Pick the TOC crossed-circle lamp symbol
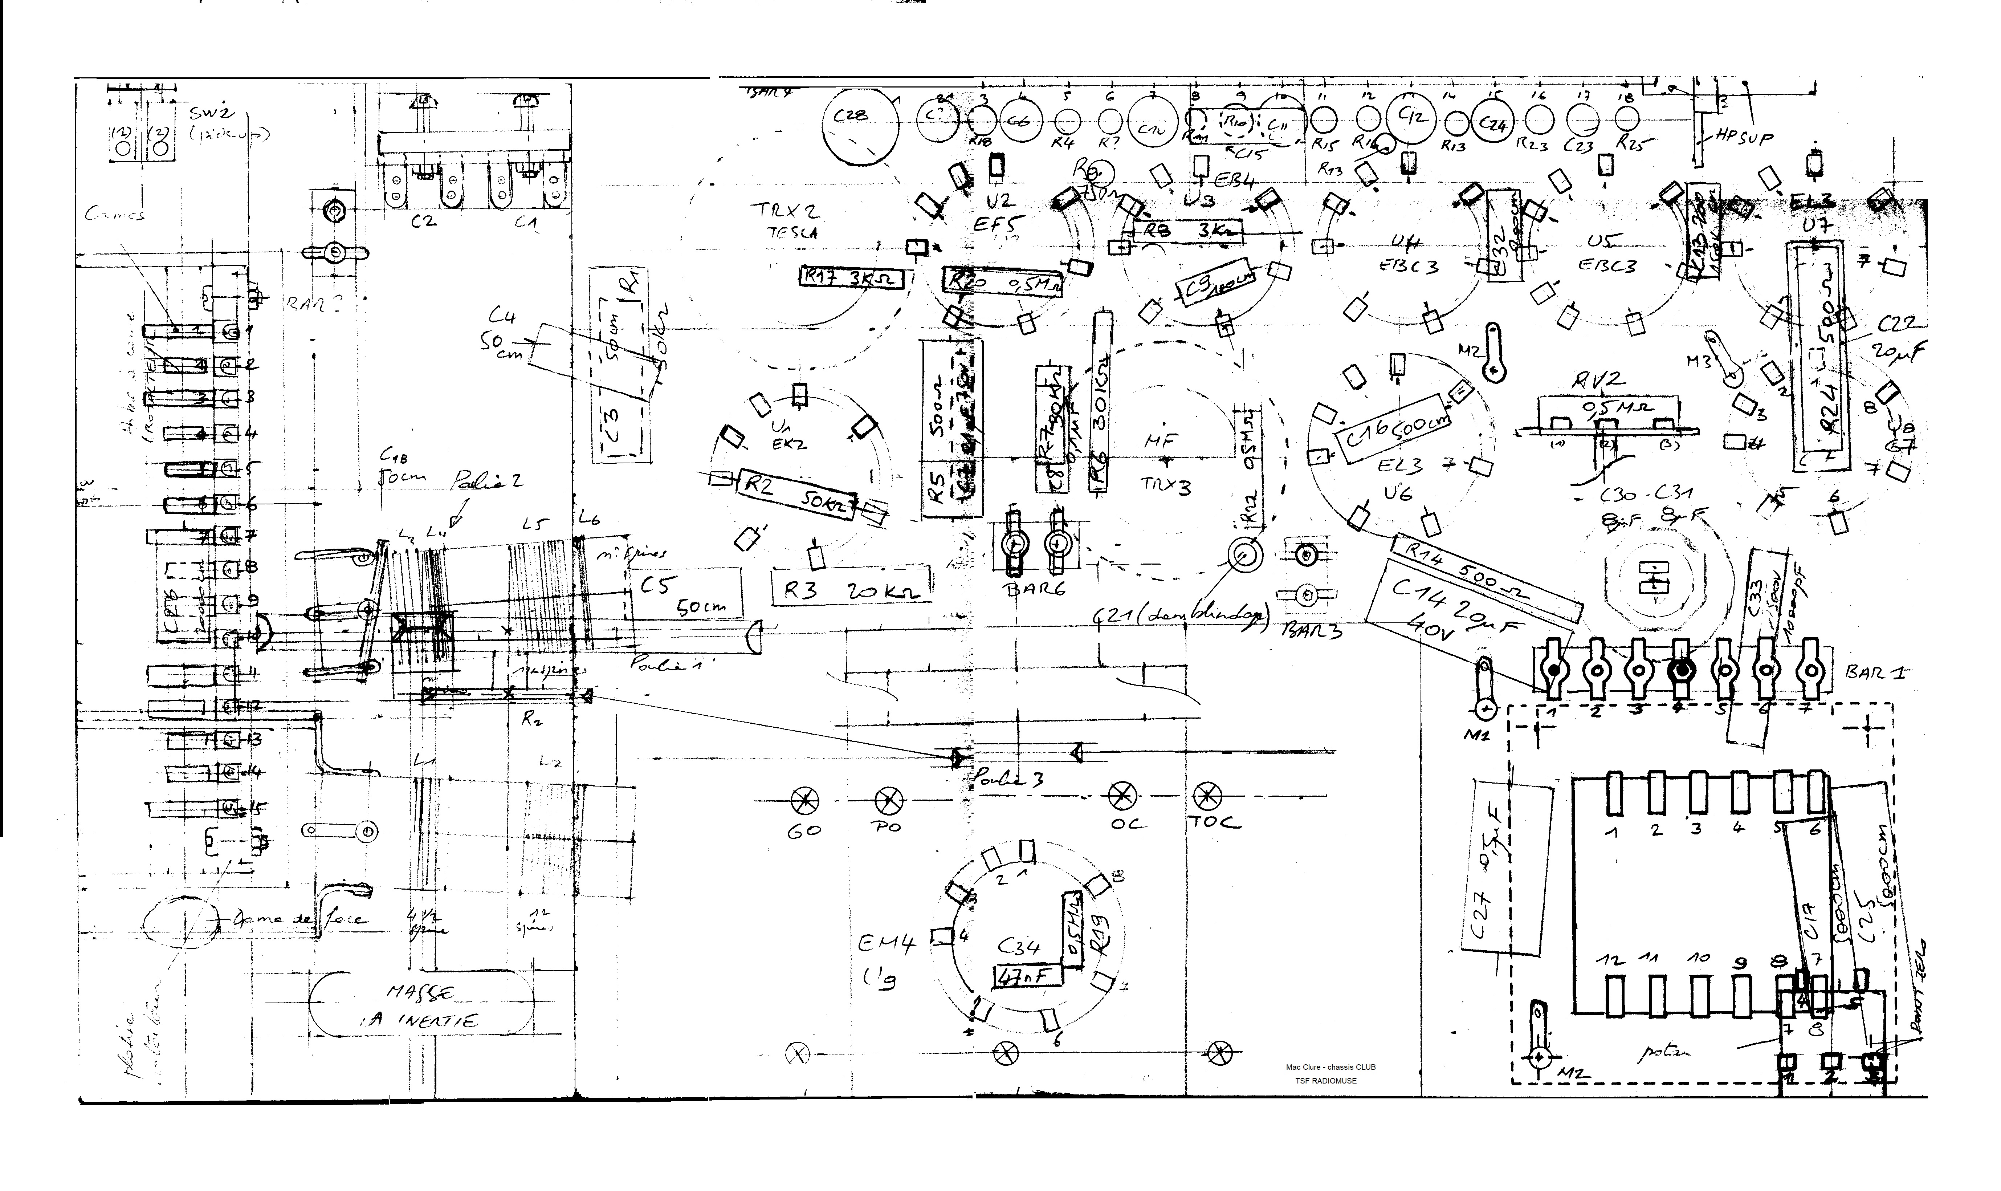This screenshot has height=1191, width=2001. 1205,797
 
